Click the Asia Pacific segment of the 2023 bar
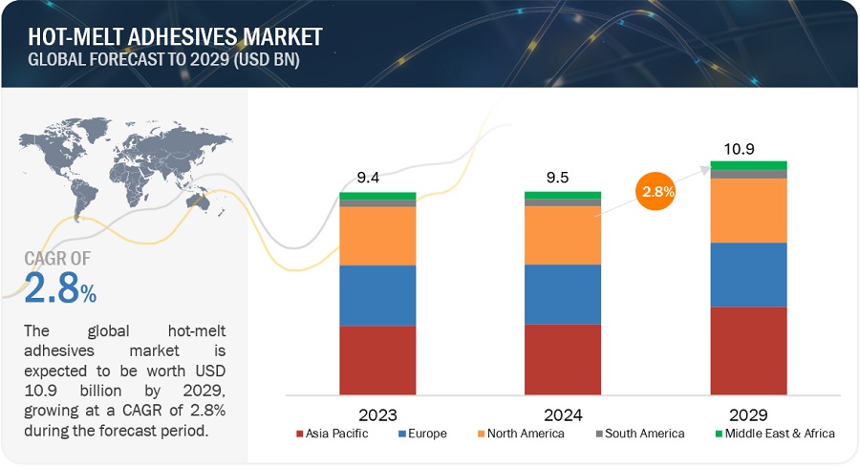pos(377,360)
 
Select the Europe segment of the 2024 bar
pos(563,294)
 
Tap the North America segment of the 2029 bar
pos(748,210)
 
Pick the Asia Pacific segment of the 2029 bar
pos(748,350)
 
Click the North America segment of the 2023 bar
pos(377,236)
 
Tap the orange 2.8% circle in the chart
pos(656,191)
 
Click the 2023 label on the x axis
pos(377,415)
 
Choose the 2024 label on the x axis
pos(563,415)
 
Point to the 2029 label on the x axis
pos(748,415)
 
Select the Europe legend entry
pos(423,434)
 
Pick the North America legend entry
pos(518,434)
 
